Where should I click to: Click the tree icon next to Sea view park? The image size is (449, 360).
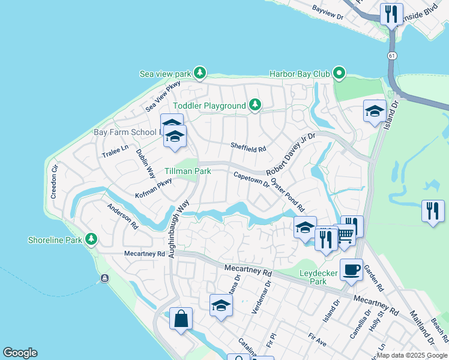tap(200, 74)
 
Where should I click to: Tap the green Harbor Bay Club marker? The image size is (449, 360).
tap(339, 74)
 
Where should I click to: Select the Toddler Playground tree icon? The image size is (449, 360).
tap(255, 106)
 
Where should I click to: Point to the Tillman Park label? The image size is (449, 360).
tap(187, 171)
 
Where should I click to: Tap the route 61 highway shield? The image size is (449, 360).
tap(391, 55)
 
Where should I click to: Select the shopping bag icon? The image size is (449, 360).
tap(181, 319)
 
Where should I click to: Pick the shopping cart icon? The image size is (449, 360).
tap(345, 235)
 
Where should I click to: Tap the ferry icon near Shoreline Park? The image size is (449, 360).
tap(105, 278)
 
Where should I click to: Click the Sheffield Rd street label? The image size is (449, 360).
tap(248, 145)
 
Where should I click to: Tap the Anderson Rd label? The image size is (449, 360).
tap(122, 217)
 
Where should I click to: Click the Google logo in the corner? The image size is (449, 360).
tap(20, 353)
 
